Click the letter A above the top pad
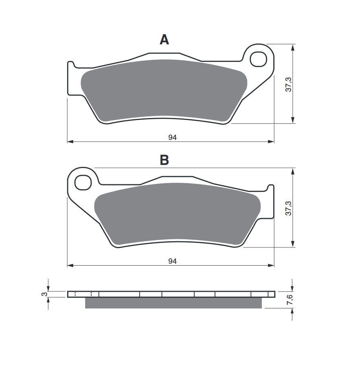[164, 39]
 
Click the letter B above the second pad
[164, 160]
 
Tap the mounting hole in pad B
[83, 182]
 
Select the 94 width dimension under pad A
[173, 138]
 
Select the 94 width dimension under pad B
[173, 261]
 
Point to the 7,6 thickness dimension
[289, 300]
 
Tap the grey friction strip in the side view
[173, 303]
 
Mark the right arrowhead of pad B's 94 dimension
[271, 265]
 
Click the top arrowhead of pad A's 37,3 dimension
[292, 47]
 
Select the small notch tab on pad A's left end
[71, 64]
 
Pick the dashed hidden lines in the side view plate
[83, 294]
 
